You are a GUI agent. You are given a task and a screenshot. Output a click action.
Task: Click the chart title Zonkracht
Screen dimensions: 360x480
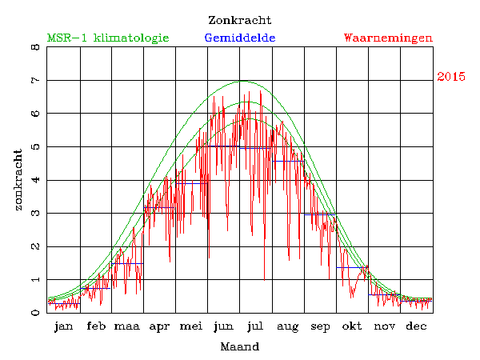tap(239, 20)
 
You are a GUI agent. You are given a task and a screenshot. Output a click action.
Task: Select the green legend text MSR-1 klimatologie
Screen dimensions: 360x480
tap(108, 38)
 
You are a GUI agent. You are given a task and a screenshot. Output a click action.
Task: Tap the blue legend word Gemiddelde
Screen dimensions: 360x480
tap(240, 38)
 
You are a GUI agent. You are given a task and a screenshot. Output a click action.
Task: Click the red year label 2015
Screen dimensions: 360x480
tap(451, 77)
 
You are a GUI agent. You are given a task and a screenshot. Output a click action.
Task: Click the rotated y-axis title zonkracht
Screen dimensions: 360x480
tap(18, 180)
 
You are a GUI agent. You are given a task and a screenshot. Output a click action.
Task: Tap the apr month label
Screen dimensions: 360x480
tap(159, 326)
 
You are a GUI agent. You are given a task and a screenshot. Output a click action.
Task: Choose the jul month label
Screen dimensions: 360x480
tap(256, 326)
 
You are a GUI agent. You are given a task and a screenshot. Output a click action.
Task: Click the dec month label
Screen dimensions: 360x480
tap(416, 326)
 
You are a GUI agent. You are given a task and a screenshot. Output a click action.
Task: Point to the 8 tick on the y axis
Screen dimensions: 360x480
tap(34, 47)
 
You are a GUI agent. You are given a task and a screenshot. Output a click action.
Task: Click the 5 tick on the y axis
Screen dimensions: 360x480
tap(34, 147)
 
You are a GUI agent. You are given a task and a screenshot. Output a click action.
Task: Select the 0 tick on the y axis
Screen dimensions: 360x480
tap(34, 313)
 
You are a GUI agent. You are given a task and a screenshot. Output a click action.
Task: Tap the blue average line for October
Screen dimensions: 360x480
tap(352, 267)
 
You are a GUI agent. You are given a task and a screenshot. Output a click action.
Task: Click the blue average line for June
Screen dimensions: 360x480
tap(225, 146)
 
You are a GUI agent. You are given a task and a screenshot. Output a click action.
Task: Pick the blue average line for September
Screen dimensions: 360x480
tap(320, 214)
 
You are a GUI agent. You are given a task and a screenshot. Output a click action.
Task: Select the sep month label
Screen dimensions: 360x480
tap(321, 326)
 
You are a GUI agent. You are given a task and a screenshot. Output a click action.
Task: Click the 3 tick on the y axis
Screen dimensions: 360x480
tap(34, 214)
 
